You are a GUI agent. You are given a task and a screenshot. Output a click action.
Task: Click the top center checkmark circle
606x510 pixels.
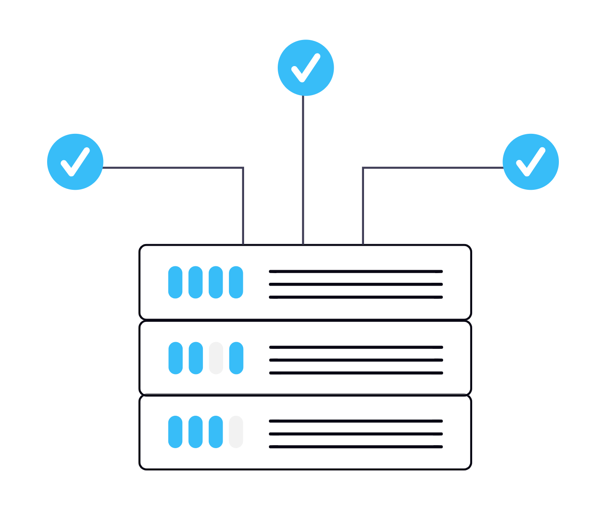(x=306, y=68)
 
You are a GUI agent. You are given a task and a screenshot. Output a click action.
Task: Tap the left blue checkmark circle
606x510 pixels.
(x=75, y=162)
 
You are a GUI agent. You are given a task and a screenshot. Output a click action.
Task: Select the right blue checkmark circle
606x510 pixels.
(x=531, y=162)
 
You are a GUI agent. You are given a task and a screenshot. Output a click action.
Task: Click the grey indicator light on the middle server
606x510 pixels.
(x=216, y=358)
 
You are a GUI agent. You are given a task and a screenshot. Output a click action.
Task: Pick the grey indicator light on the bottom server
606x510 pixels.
(x=236, y=432)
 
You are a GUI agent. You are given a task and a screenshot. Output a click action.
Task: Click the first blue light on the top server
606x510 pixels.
(x=175, y=282)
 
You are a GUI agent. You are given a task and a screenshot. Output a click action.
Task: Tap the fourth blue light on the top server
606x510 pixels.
(x=236, y=282)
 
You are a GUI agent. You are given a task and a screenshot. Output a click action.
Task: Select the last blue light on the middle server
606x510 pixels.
(x=236, y=358)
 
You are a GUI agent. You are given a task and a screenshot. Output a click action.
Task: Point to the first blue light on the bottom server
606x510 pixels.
(x=175, y=432)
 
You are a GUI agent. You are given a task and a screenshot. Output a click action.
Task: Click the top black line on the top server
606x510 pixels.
(x=356, y=271)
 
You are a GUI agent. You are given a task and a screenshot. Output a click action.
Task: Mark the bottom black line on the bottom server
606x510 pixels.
(x=356, y=447)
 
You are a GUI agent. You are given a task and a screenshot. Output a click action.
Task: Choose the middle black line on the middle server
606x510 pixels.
(x=356, y=360)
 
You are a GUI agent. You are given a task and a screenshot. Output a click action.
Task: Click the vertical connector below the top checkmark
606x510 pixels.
(x=303, y=168)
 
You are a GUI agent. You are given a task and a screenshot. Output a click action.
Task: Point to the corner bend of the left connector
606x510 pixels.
(x=243, y=168)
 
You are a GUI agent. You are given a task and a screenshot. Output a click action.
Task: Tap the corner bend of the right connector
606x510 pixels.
(x=363, y=168)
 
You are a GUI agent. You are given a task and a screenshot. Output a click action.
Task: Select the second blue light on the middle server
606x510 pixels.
(x=196, y=358)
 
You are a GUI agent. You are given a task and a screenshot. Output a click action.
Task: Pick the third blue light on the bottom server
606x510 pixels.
(x=216, y=432)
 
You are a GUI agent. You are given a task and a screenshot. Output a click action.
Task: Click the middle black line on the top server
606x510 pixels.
(x=356, y=284)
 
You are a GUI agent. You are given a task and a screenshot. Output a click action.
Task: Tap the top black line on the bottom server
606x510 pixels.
(x=356, y=421)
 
